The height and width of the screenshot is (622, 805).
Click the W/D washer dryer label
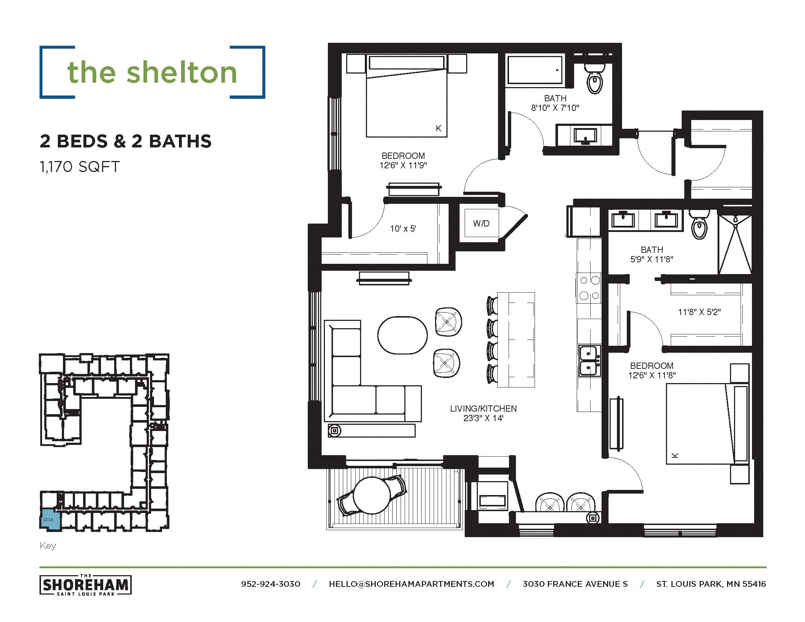click(481, 223)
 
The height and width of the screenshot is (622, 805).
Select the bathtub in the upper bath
click(535, 70)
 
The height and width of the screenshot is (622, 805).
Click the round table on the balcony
click(372, 495)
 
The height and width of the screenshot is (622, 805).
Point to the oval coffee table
click(402, 335)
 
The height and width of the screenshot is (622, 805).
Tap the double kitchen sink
click(589, 361)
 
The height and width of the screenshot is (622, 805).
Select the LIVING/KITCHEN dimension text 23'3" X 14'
click(483, 418)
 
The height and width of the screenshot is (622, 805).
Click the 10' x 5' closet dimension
click(403, 229)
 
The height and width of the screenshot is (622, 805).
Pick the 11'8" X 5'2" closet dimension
click(699, 312)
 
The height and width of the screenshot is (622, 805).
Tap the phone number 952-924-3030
click(270, 584)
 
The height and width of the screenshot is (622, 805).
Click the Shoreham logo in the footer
click(86, 585)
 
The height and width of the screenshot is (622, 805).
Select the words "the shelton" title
click(152, 72)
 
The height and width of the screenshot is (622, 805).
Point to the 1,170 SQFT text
click(80, 167)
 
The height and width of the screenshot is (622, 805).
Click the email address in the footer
click(411, 584)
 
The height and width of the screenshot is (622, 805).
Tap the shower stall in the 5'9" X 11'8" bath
click(735, 245)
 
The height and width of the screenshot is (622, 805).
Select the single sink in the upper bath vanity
click(585, 136)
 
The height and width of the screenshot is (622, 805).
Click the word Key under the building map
click(48, 546)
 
